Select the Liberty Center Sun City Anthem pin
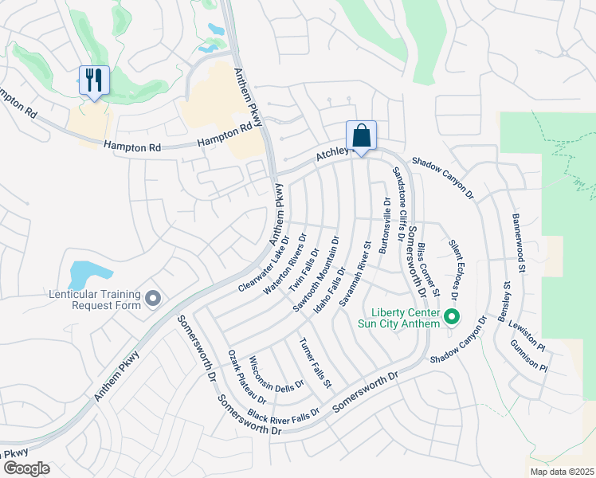pos(452,317)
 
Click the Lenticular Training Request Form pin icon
pos(154,299)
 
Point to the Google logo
pos(25,468)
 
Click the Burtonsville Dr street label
pos(386,225)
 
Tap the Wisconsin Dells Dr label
pos(276,373)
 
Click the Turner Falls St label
pos(315,363)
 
